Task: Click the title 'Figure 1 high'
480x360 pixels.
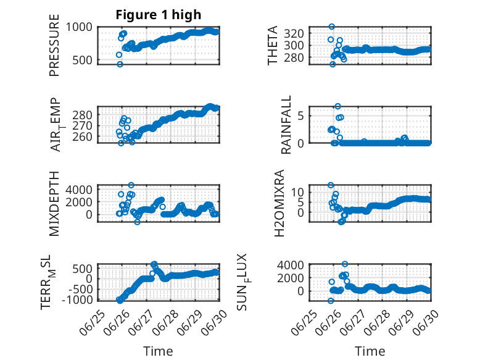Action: pyautogui.click(x=159, y=15)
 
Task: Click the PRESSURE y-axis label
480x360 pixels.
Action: pyautogui.click(x=54, y=45)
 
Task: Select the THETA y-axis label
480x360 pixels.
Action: pyautogui.click(x=272, y=45)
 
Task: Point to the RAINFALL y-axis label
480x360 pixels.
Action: pyautogui.click(x=286, y=124)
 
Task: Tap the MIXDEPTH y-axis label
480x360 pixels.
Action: pyautogui.click(x=54, y=203)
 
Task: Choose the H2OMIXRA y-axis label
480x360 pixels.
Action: pyautogui.click(x=279, y=203)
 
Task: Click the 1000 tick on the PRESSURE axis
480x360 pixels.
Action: pyautogui.click(x=79, y=27)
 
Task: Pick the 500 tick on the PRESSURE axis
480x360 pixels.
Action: pyautogui.click(x=82, y=60)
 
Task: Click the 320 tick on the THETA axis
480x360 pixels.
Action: pyautogui.click(x=294, y=33)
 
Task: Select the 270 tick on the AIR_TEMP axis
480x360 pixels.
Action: pyautogui.click(x=82, y=125)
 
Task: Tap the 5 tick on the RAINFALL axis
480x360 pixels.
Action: pyautogui.click(x=300, y=116)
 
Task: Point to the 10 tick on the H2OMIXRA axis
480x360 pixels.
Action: pyautogui.click(x=297, y=193)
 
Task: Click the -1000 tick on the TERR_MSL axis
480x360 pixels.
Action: pyautogui.click(x=77, y=299)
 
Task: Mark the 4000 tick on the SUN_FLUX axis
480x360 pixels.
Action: pyautogui.click(x=291, y=265)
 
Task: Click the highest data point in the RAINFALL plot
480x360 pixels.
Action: pyautogui.click(x=337, y=106)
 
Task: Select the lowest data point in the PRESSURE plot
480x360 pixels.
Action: pyautogui.click(x=120, y=64)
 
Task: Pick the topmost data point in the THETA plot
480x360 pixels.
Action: pyautogui.click(x=331, y=27)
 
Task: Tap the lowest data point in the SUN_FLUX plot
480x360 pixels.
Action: pyautogui.click(x=331, y=301)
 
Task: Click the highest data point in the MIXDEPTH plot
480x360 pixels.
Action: pyautogui.click(x=131, y=185)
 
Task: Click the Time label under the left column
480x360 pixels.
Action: pyautogui.click(x=159, y=351)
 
